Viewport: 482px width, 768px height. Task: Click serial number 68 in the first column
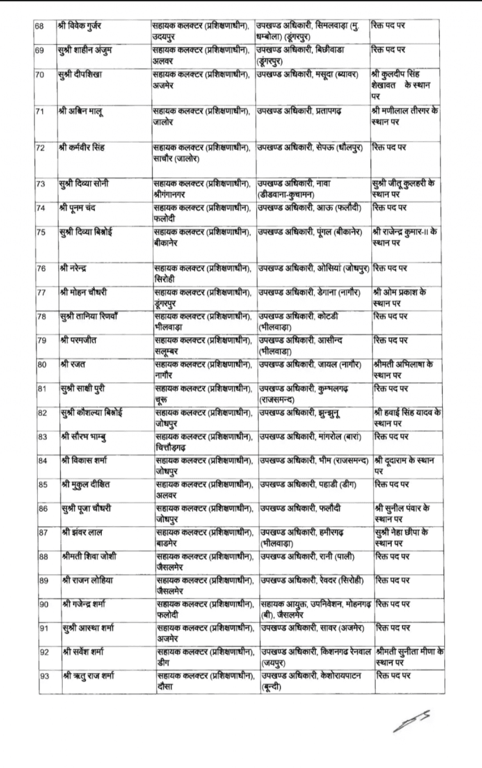point(40,26)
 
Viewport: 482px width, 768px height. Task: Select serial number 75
point(40,233)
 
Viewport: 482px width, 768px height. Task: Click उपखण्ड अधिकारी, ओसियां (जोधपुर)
point(313,268)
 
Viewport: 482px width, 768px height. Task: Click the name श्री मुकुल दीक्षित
point(89,484)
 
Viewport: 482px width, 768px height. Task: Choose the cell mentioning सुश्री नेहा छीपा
point(406,537)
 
